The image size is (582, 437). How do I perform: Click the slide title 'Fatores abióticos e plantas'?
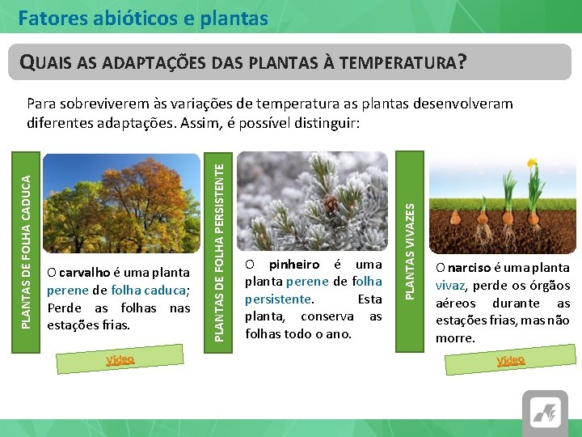point(143,17)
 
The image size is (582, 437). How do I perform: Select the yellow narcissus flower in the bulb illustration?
point(532,165)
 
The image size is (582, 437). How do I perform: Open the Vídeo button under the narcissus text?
point(510,360)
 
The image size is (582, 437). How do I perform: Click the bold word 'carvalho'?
point(85,272)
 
